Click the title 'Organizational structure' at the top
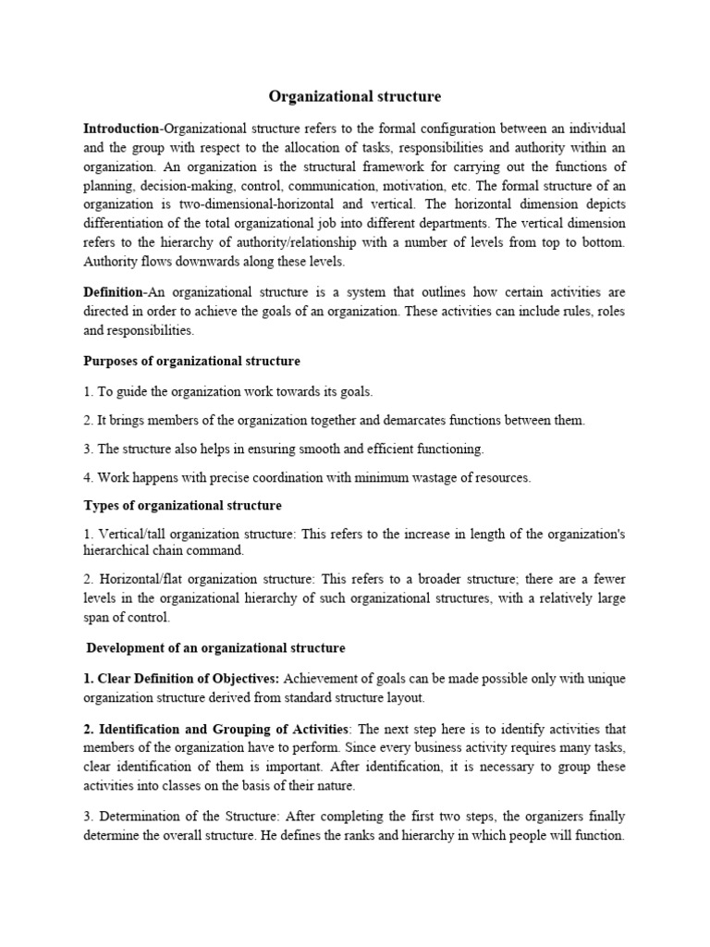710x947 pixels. coord(355,96)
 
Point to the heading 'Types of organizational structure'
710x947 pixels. coord(182,506)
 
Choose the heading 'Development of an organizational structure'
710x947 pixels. coord(215,647)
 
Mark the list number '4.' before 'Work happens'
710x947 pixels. coord(90,478)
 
